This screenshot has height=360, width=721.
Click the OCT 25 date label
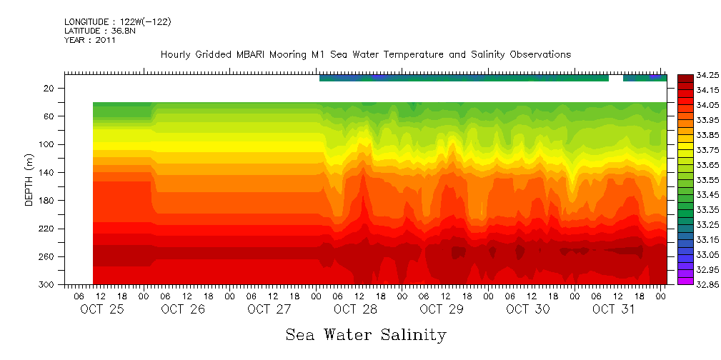click(97, 309)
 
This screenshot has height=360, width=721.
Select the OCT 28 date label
click(355, 309)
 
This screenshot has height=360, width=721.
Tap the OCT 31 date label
click(614, 309)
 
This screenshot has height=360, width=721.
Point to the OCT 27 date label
click(269, 309)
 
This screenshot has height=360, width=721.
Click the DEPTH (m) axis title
click(29, 179)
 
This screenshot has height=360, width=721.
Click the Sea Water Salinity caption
click(366, 335)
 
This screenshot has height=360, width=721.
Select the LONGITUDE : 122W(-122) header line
click(117, 22)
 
